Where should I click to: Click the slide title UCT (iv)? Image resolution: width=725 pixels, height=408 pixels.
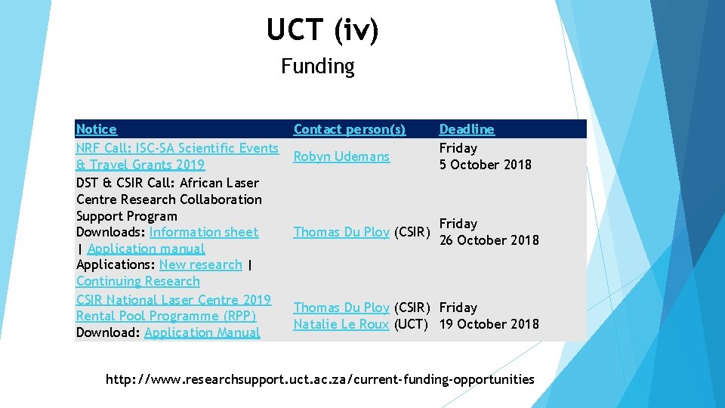322,30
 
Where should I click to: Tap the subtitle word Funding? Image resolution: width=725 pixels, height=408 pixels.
317,66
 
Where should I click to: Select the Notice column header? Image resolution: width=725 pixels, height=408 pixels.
97,130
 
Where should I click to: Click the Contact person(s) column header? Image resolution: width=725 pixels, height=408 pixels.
349,130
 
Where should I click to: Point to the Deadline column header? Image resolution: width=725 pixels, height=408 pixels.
467,130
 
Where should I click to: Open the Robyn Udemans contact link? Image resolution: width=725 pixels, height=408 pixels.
341,156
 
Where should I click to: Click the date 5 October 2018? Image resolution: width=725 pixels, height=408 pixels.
486,165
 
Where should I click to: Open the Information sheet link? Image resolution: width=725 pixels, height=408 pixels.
203,232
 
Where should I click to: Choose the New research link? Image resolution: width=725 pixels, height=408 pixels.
200,264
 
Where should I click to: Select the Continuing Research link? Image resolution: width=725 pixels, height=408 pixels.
138,281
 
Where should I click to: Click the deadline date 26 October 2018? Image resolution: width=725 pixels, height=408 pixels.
489,240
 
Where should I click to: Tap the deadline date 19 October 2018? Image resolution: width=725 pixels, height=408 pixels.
489,324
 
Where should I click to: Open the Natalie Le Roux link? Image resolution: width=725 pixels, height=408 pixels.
341,324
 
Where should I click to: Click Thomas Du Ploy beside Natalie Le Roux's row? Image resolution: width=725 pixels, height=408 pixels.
341,308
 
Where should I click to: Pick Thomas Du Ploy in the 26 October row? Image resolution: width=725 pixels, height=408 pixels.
341,232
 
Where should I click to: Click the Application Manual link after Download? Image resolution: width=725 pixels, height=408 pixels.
202,332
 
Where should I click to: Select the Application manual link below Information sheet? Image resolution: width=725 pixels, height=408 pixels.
146,249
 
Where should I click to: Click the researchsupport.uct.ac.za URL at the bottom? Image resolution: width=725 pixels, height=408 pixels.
319,379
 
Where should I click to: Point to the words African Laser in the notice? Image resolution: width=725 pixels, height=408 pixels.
219,183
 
